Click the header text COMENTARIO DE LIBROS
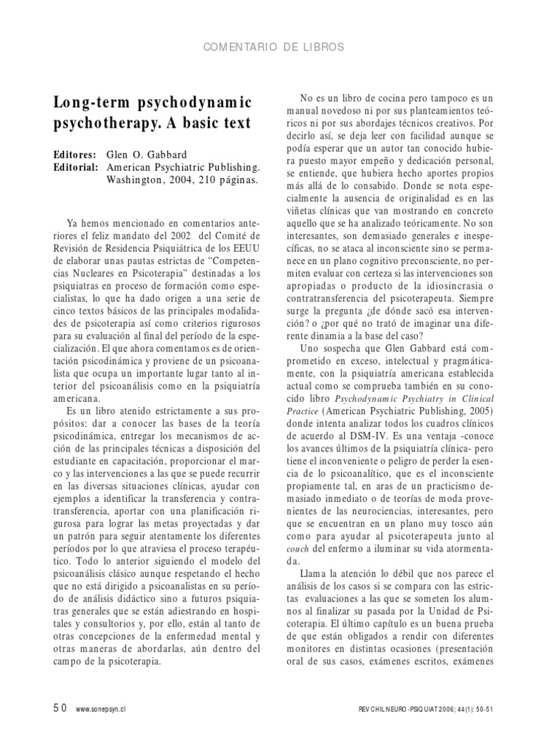point(280,47)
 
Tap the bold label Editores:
point(74,155)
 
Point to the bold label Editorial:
point(76,167)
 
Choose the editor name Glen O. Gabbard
point(147,155)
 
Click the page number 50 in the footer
point(59,707)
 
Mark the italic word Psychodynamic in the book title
point(369,398)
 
